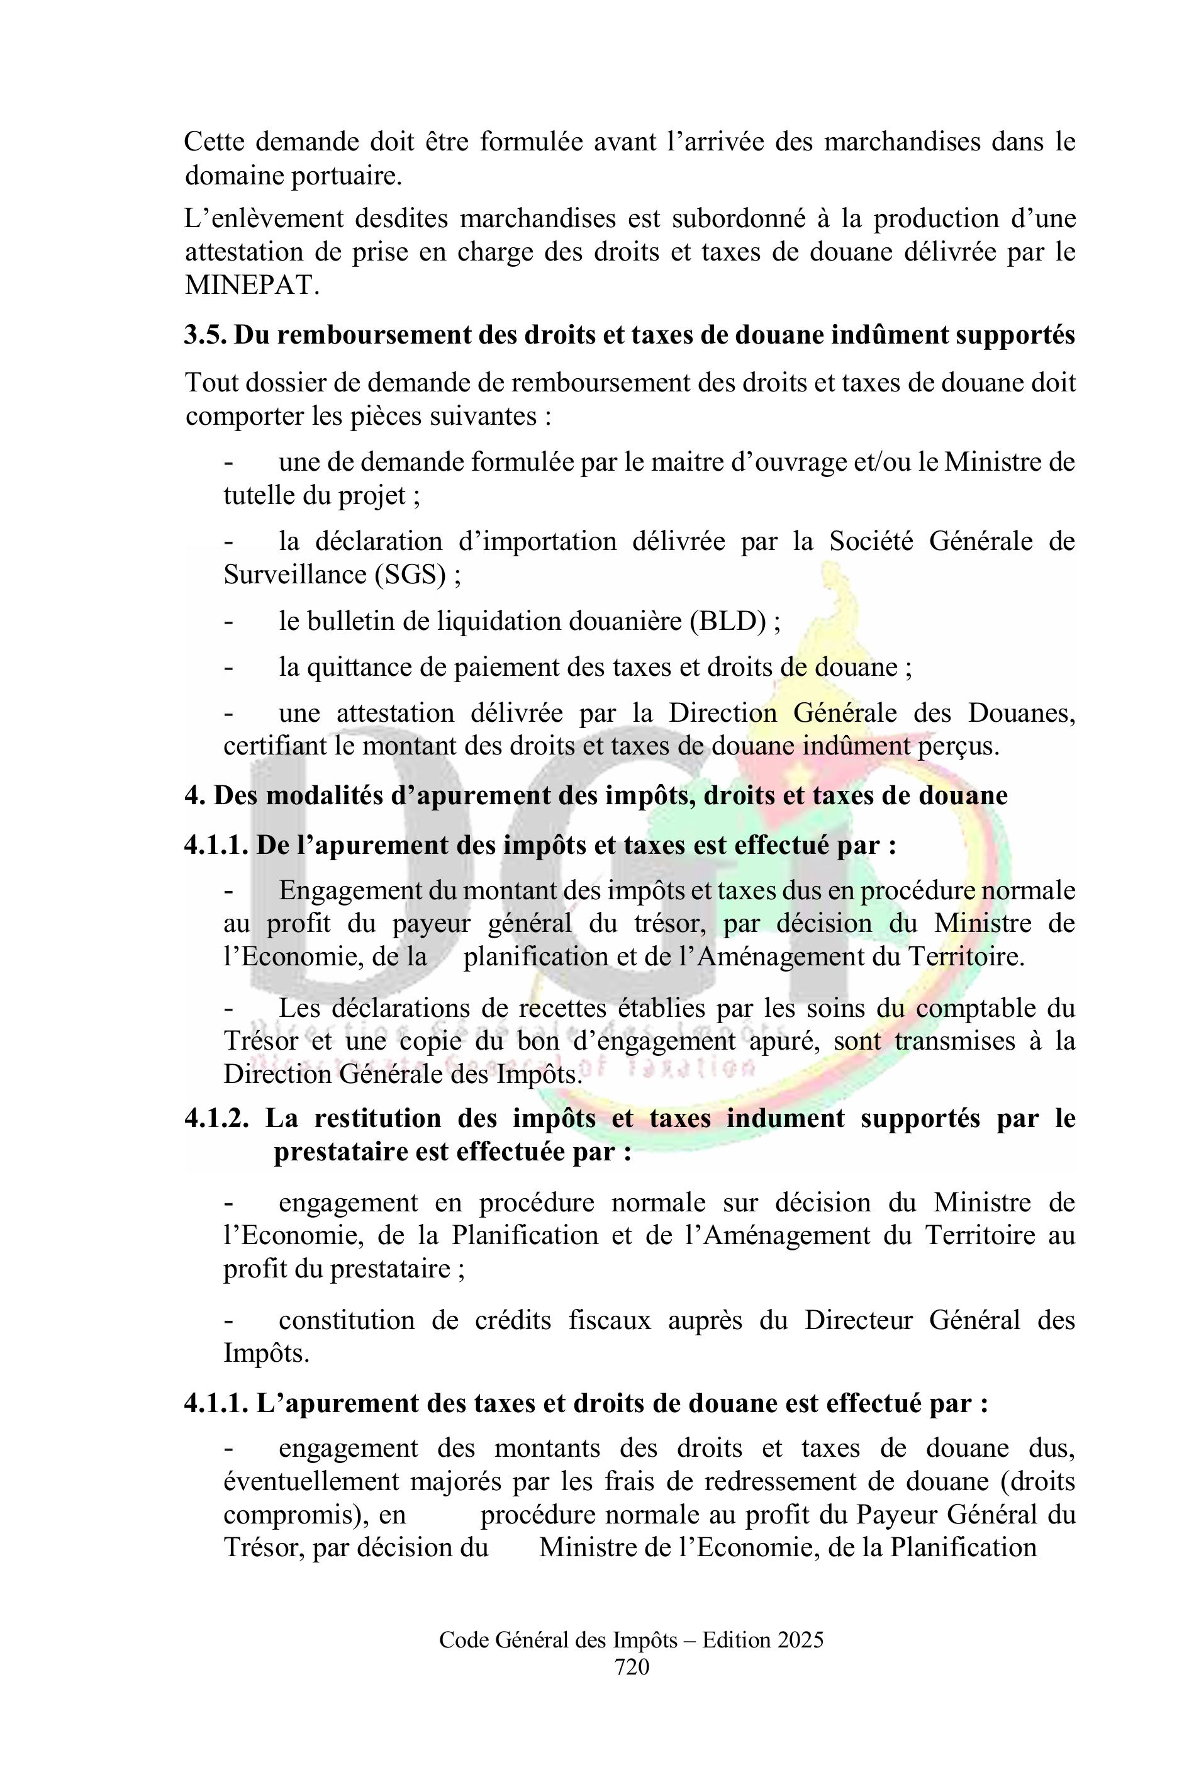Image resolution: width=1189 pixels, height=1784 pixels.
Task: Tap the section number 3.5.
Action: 204,335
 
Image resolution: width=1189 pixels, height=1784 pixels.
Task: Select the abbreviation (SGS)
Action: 410,575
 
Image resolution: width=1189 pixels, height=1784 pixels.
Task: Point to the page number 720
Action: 632,1666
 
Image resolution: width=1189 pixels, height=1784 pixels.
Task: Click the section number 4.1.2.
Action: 217,1119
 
